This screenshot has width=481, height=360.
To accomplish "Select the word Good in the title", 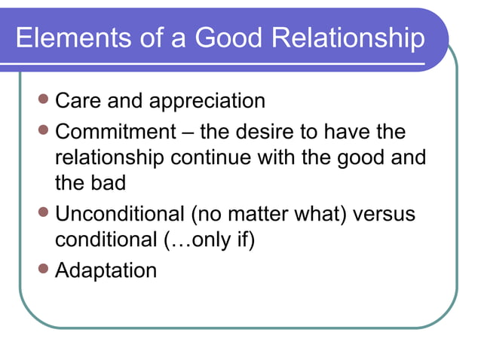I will (x=223, y=38).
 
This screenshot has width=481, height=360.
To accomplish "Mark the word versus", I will (x=384, y=214).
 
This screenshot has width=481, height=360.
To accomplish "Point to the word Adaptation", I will (x=106, y=270).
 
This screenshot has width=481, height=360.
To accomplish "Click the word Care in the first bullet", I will (x=77, y=101).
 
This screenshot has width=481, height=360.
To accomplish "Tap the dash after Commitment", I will (x=186, y=133).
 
